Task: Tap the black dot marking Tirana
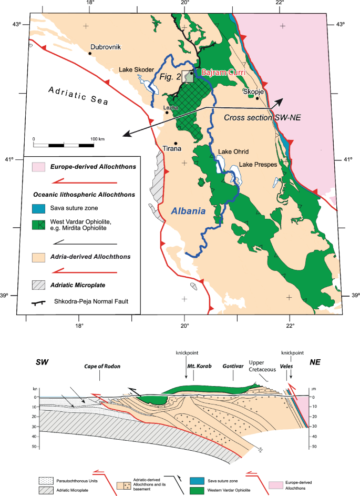pos(176,143)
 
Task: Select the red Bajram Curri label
pos(221,74)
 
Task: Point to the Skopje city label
pos(253,90)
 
